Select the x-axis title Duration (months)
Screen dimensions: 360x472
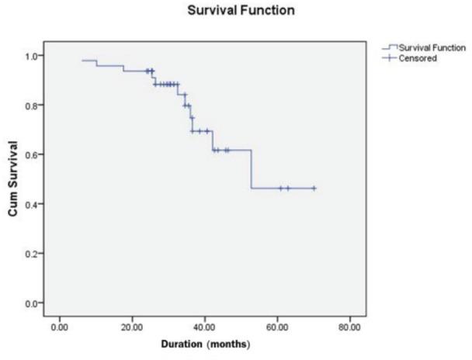coord(204,343)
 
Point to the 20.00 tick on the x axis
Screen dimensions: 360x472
coord(132,326)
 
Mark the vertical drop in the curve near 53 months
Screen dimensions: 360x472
coord(252,169)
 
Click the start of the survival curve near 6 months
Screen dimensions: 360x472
coord(82,61)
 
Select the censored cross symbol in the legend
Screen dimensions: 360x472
coord(390,58)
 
